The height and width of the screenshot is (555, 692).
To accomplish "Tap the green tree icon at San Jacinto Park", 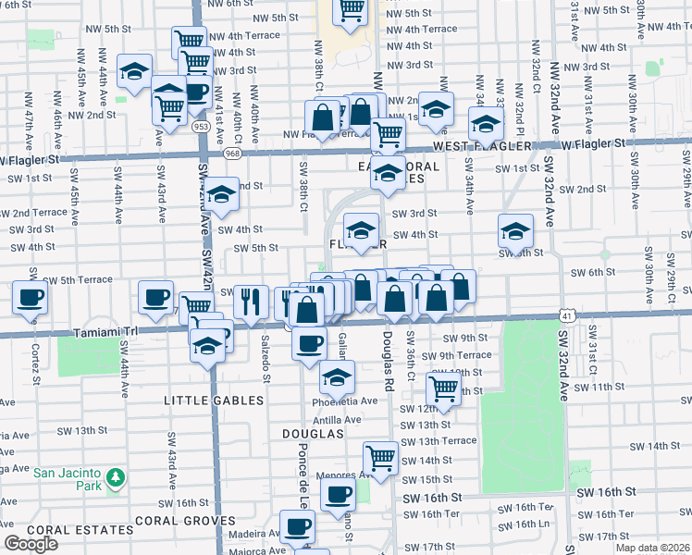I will tap(115, 478).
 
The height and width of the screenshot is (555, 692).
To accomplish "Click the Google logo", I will tap(31, 544).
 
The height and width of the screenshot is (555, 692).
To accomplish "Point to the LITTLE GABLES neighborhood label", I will tap(214, 401).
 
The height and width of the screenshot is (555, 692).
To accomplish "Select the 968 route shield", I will tap(231, 152).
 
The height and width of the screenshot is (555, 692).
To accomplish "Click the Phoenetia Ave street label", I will tap(345, 401).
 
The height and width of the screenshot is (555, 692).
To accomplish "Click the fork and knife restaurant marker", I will tap(251, 300).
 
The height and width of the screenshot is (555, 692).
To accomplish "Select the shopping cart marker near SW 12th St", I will tap(444, 388).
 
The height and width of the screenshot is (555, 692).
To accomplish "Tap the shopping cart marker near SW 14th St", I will tap(380, 456).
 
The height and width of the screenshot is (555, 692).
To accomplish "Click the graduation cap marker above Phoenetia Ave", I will tap(337, 376).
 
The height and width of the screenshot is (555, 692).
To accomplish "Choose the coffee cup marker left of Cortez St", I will tap(30, 298).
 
